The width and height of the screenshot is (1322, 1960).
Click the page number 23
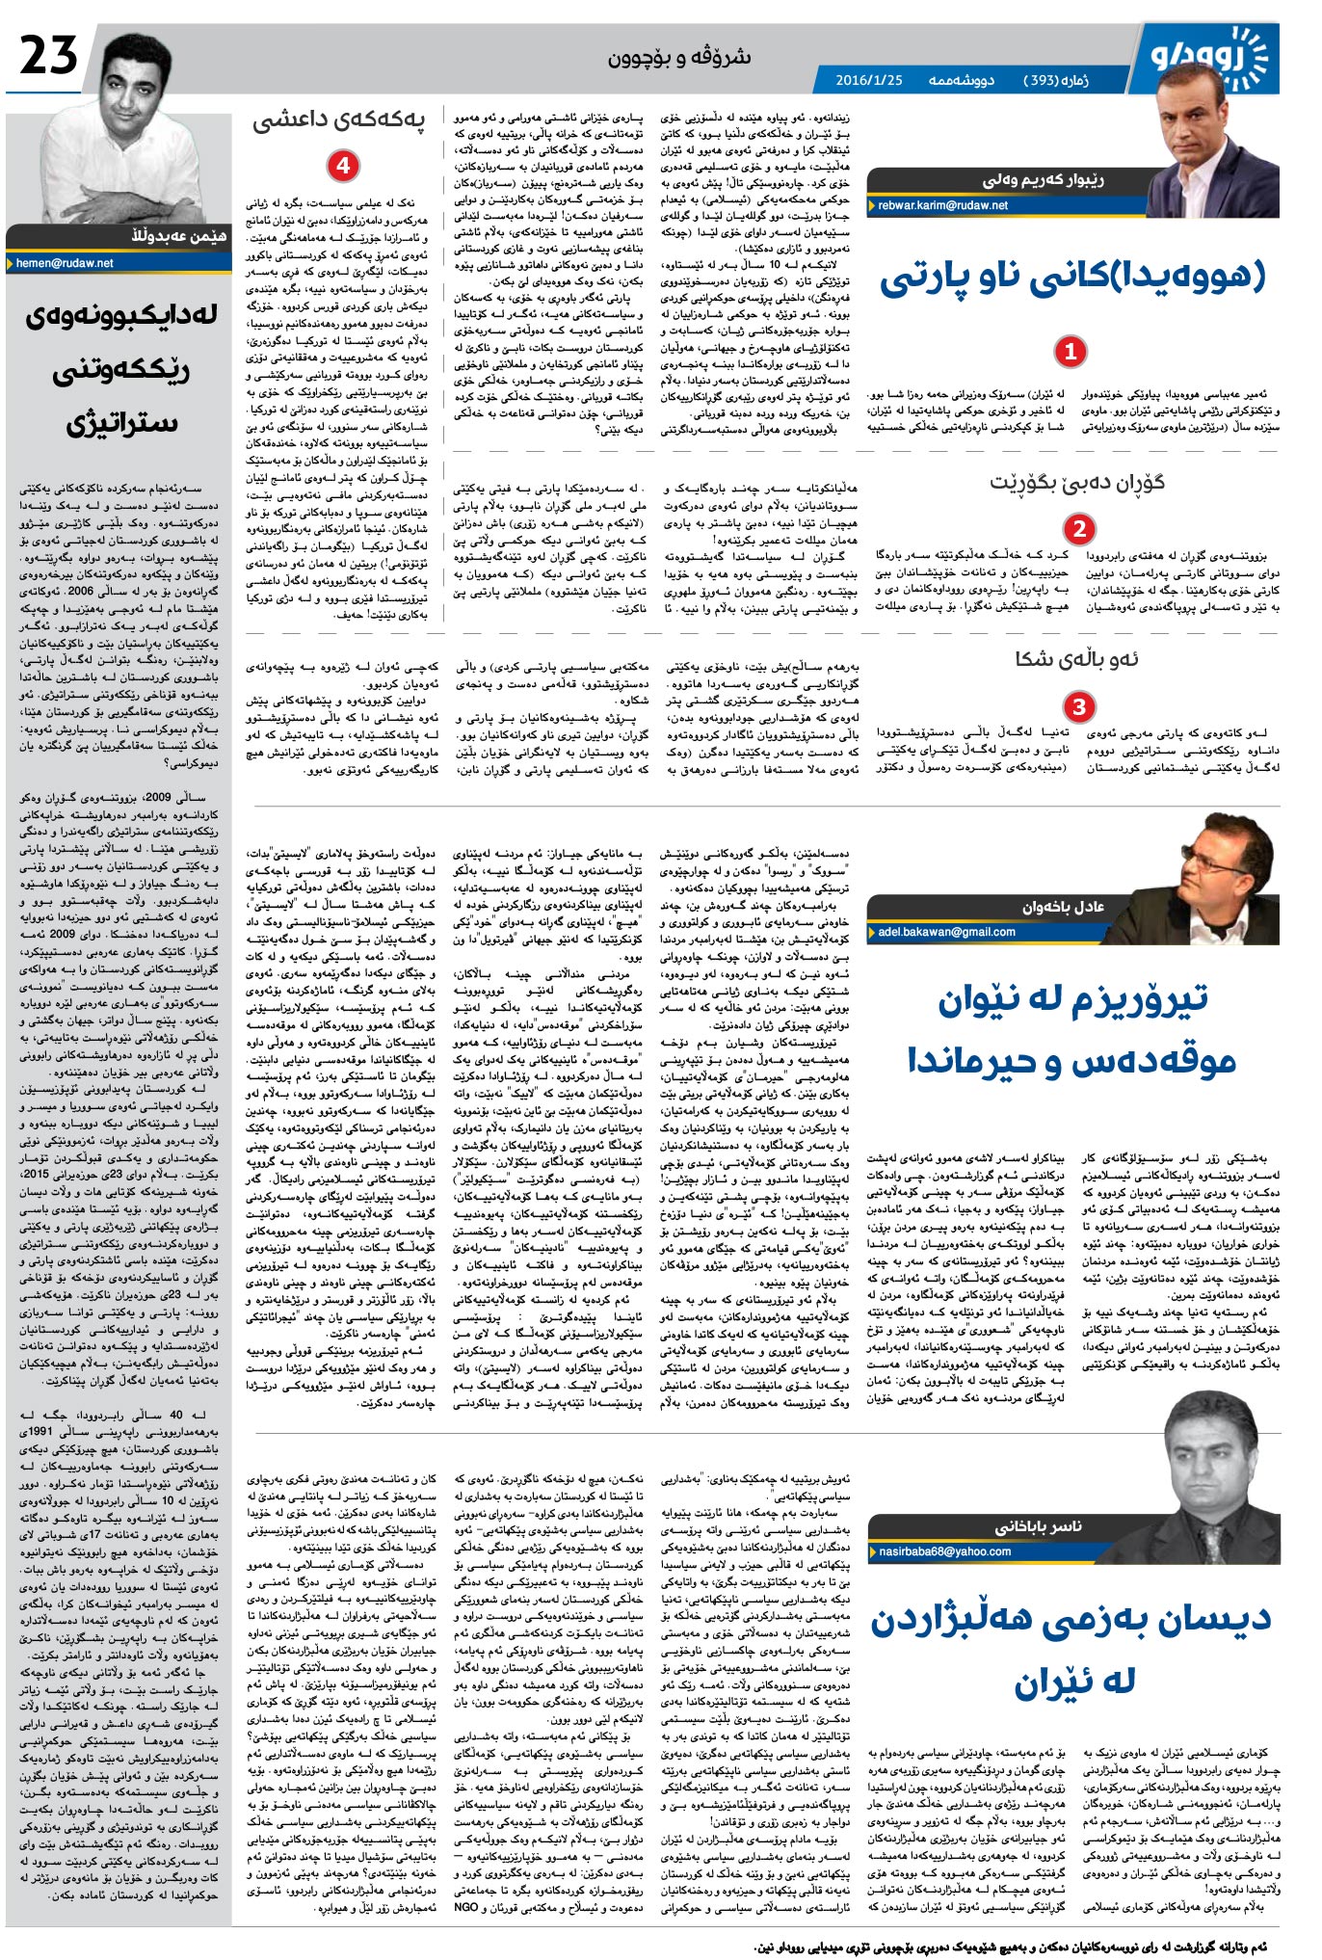pyautogui.click(x=48, y=55)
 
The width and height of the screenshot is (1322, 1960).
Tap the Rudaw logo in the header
pyautogui.click(x=1210, y=55)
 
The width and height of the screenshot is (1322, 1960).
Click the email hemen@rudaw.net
pyautogui.click(x=66, y=262)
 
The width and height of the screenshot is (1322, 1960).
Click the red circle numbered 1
pyautogui.click(x=1070, y=352)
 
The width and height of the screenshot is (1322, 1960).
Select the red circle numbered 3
pyautogui.click(x=1078, y=706)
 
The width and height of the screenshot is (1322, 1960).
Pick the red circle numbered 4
pyautogui.click(x=342, y=166)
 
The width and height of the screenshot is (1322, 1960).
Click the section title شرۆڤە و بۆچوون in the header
pyautogui.click(x=679, y=58)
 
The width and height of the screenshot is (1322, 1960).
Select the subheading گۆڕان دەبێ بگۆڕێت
pyautogui.click(x=1076, y=483)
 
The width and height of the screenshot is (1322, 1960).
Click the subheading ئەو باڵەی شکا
pyautogui.click(x=1076, y=659)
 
